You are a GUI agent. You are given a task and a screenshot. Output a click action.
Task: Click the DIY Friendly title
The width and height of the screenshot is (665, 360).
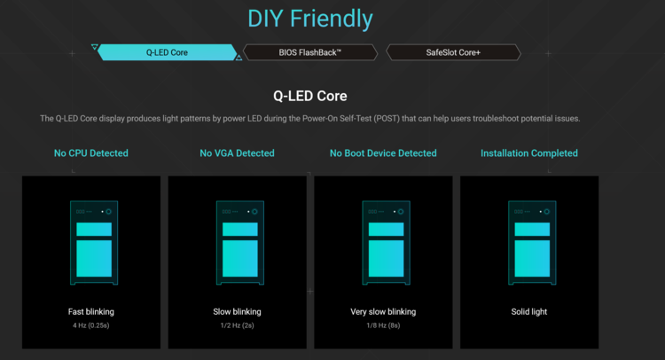310,20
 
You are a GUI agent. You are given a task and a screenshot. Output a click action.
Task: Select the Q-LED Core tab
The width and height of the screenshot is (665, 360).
167,52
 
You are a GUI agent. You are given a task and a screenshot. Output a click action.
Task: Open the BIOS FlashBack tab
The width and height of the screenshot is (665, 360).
310,52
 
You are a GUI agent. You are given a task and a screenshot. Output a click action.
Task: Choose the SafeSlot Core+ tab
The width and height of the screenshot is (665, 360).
453,52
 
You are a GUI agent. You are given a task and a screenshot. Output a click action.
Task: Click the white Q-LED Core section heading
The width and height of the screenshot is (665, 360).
310,96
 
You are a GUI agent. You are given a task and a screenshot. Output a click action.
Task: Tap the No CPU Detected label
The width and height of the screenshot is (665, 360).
91,153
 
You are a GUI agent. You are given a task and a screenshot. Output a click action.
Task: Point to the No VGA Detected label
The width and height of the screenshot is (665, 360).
237,153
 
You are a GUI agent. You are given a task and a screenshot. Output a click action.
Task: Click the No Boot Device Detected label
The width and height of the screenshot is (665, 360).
383,153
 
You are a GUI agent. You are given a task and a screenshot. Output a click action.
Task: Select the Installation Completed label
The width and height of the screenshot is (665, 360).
528,153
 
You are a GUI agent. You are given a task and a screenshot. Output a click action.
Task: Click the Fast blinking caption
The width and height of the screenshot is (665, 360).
91,311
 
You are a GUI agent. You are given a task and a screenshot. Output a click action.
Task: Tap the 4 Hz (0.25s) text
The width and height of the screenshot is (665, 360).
91,325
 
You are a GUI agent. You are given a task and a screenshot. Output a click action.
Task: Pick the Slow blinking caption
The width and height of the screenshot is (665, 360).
237,311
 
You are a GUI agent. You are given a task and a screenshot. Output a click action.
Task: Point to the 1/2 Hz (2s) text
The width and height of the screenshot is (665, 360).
237,325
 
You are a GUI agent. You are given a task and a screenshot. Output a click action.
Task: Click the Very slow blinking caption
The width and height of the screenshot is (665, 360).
383,311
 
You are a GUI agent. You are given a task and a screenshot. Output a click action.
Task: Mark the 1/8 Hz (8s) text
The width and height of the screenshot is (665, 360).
383,325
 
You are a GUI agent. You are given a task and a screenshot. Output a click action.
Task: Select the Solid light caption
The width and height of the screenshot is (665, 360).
528,311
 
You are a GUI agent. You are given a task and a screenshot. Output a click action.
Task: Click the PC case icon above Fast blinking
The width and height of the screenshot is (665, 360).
94,243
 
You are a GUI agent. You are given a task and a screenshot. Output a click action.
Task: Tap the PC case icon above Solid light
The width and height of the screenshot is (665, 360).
532,243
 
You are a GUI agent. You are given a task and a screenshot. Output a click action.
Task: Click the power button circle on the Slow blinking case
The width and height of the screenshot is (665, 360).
254,212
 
